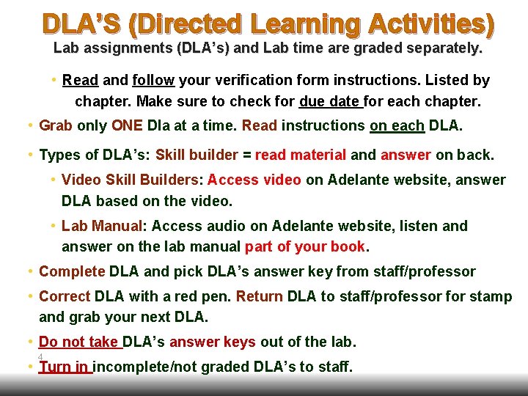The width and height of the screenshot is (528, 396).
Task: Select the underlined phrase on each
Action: tap(397, 125)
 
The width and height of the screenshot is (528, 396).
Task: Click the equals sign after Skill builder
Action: tap(247, 155)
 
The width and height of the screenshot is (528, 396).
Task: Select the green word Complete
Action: tap(72, 272)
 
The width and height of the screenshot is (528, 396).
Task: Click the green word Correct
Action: tap(65, 297)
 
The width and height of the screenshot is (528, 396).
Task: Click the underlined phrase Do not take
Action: tap(78, 342)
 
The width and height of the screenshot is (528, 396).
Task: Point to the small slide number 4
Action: tap(40, 356)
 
